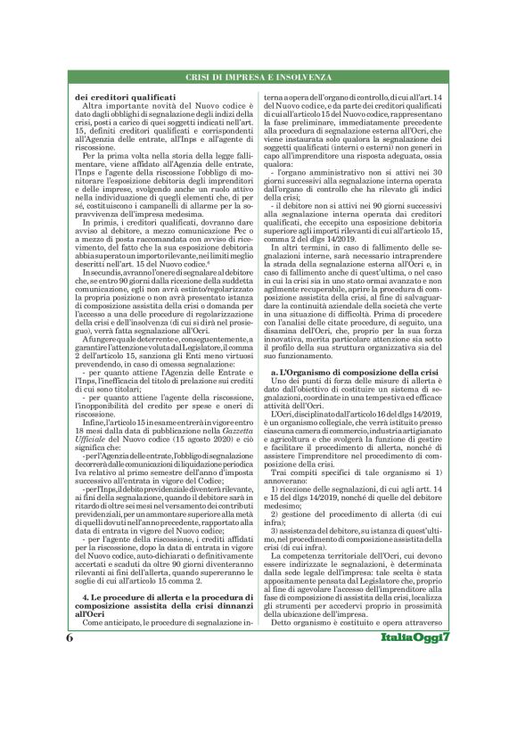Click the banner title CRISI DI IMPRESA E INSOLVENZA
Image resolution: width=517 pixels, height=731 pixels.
pos(258,79)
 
